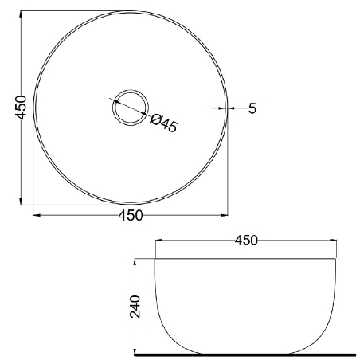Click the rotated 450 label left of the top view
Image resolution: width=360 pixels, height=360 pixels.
pyautogui.click(x=21, y=108)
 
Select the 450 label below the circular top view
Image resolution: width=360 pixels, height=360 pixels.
pyautogui.click(x=131, y=215)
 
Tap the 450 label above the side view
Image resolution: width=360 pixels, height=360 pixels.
pyautogui.click(x=246, y=241)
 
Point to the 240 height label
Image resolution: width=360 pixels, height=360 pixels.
pyautogui.click(x=135, y=307)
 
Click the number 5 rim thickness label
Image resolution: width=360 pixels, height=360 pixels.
pyautogui.click(x=252, y=108)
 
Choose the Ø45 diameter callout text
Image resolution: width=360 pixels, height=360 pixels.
pyautogui.click(x=163, y=123)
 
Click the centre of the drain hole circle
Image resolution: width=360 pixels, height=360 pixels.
pyautogui.click(x=131, y=108)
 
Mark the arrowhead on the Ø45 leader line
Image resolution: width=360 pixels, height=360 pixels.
pyautogui.click(x=143, y=114)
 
